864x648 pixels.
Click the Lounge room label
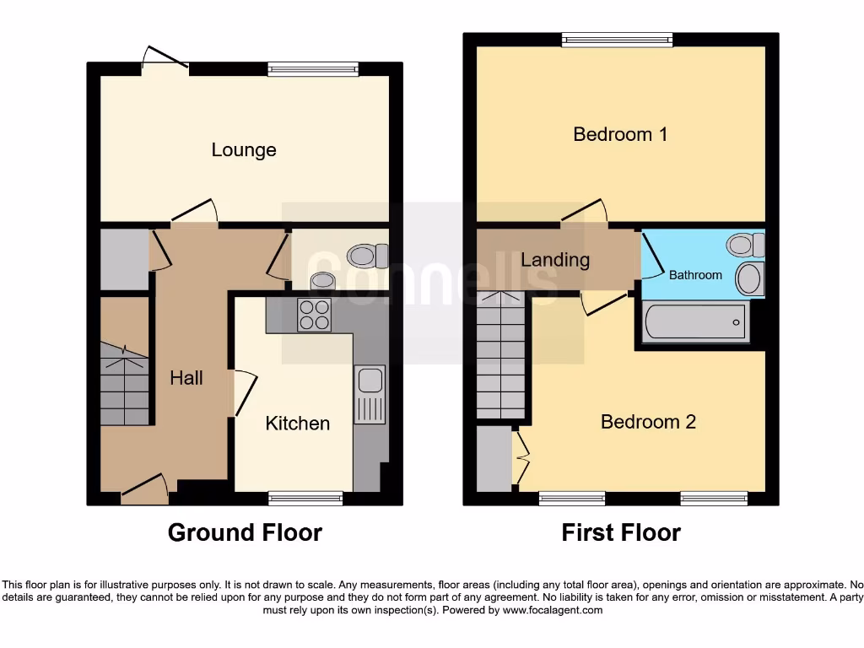pyautogui.click(x=244, y=150)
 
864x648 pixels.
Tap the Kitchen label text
pyautogui.click(x=297, y=423)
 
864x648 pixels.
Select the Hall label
pyautogui.click(x=186, y=378)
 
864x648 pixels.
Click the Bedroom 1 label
pyautogui.click(x=620, y=134)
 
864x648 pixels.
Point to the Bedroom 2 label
pyautogui.click(x=648, y=422)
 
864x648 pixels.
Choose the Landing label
pyautogui.click(x=555, y=260)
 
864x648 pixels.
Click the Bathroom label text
pyautogui.click(x=695, y=275)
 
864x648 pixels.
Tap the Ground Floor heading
pyautogui.click(x=245, y=532)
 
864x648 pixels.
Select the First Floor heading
pyautogui.click(x=621, y=532)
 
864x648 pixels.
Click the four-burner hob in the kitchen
pyautogui.click(x=315, y=315)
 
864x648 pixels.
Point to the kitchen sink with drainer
pyautogui.click(x=370, y=394)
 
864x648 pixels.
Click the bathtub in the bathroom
pyautogui.click(x=694, y=322)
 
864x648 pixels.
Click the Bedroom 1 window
pyautogui.click(x=618, y=39)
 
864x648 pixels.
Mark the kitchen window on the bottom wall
pyautogui.click(x=305, y=499)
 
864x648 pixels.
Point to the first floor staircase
pyautogui.click(x=501, y=354)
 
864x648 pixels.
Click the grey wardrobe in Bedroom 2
pyautogui.click(x=494, y=459)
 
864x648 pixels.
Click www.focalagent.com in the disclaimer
pyautogui.click(x=552, y=610)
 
